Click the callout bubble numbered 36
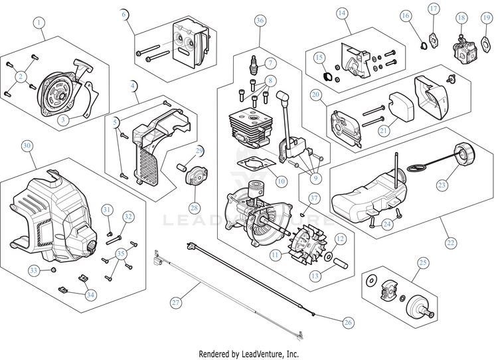point(260,21)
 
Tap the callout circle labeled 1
point(39,23)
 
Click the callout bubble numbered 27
point(175,302)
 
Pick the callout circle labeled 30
point(27,145)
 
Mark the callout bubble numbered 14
point(341,13)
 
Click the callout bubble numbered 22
point(451,242)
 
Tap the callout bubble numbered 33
point(33,270)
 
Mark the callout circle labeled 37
point(315,198)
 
